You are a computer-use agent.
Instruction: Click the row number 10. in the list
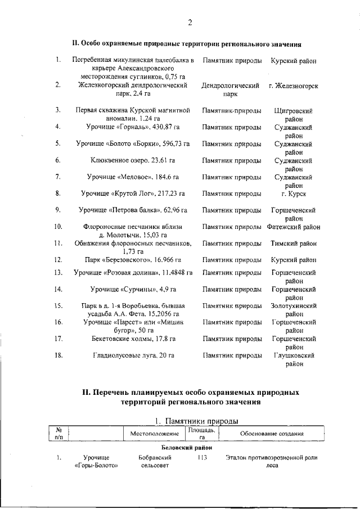pyautogui.click(x=58, y=227)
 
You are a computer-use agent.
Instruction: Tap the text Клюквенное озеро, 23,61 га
pyautogui.click(x=133, y=160)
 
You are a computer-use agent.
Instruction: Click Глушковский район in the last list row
pyautogui.click(x=293, y=359)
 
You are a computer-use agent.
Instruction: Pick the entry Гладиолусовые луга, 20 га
pyautogui.click(x=133, y=355)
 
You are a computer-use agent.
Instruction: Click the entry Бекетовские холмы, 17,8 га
pyautogui.click(x=133, y=339)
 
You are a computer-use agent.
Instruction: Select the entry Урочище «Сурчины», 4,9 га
pyautogui.click(x=133, y=289)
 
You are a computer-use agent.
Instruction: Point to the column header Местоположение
pyautogui.click(x=155, y=434)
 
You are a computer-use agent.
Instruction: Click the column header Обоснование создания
pyautogui.click(x=272, y=434)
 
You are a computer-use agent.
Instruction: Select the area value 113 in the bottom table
pyautogui.click(x=202, y=458)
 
